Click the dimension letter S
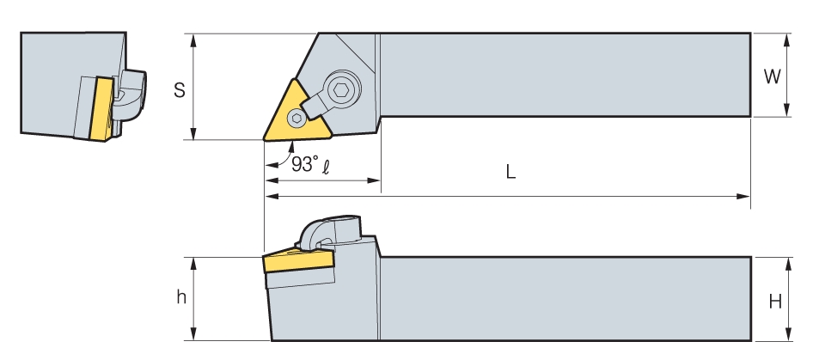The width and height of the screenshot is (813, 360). tap(180, 90)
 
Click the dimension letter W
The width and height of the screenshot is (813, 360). tap(772, 76)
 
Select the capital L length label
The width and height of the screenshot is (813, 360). tap(510, 172)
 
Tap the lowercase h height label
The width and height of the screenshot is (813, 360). tap(181, 297)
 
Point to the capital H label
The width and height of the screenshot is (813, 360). tap(774, 301)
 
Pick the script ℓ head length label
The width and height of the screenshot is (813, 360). tap(325, 167)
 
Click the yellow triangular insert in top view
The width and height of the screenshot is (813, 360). tap(297, 115)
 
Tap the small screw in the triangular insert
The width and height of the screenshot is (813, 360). tap(296, 118)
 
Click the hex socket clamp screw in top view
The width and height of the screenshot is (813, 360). tap(340, 90)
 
